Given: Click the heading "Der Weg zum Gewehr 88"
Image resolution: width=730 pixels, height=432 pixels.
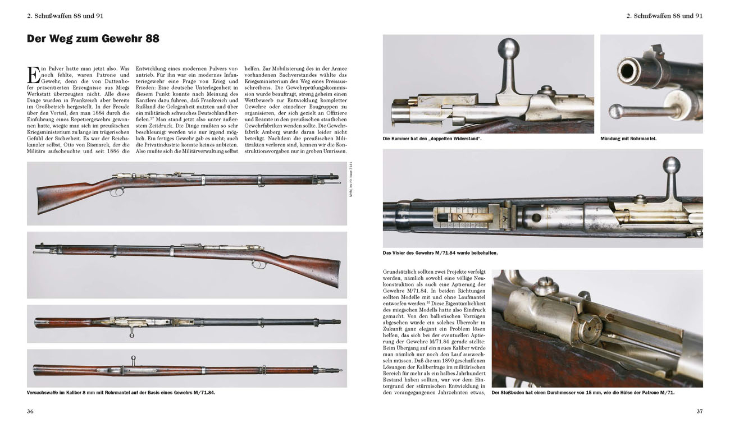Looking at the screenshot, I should click(x=93, y=39).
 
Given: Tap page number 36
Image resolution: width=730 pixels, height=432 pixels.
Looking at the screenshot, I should click(x=30, y=411).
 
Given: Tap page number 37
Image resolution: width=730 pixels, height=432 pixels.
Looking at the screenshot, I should click(x=699, y=411).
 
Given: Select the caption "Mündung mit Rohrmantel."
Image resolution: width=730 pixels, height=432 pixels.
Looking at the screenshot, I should click(x=628, y=138).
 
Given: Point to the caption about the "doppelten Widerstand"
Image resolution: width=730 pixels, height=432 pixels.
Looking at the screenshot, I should click(x=432, y=138).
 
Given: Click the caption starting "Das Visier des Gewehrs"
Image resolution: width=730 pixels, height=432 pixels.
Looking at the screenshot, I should click(x=440, y=253).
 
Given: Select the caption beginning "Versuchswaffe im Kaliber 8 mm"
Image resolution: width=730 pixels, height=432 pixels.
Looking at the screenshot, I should click(x=121, y=393).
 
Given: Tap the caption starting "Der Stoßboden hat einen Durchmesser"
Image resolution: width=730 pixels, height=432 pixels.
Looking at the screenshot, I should click(x=583, y=393).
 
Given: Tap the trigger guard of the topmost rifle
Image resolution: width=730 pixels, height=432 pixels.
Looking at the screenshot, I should click(x=116, y=192).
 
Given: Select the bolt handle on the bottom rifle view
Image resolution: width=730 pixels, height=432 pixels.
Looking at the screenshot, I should click(x=133, y=361).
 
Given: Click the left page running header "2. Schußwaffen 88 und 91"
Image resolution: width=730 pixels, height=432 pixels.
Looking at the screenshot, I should click(x=65, y=16).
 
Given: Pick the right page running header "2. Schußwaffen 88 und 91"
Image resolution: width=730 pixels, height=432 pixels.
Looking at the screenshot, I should click(x=664, y=16).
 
